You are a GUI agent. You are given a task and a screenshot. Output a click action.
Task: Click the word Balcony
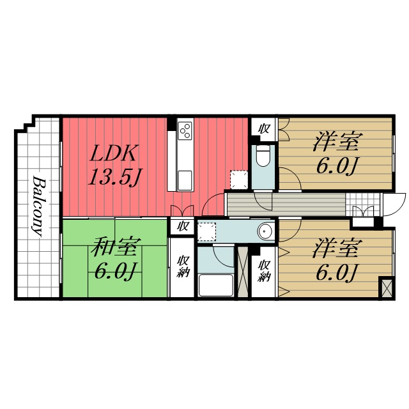[x=38, y=206]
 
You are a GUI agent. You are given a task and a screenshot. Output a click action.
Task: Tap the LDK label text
[x=112, y=153]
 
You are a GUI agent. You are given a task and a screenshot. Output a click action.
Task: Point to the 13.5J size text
[x=115, y=177]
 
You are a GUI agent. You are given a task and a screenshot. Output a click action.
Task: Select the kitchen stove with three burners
[x=185, y=130]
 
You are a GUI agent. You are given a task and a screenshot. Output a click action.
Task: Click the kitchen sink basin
[x=185, y=180]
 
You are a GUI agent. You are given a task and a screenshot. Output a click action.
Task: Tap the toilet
[x=263, y=156]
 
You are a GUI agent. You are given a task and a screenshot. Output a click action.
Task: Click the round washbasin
[x=265, y=231]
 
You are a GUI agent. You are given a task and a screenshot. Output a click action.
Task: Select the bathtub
[x=215, y=285]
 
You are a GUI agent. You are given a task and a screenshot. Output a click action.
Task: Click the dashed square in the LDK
[x=238, y=180]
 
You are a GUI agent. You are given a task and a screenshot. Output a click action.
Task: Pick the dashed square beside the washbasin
[x=206, y=232]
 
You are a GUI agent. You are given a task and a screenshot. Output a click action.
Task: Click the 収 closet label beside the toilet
[x=264, y=129]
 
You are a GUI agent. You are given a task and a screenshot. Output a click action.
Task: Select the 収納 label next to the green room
[x=182, y=267]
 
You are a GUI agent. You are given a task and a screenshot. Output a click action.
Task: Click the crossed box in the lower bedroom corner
[x=387, y=288]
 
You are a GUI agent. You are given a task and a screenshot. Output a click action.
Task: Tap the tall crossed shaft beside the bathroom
[x=242, y=271]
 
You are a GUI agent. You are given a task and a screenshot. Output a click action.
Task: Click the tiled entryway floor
[x=362, y=204]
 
